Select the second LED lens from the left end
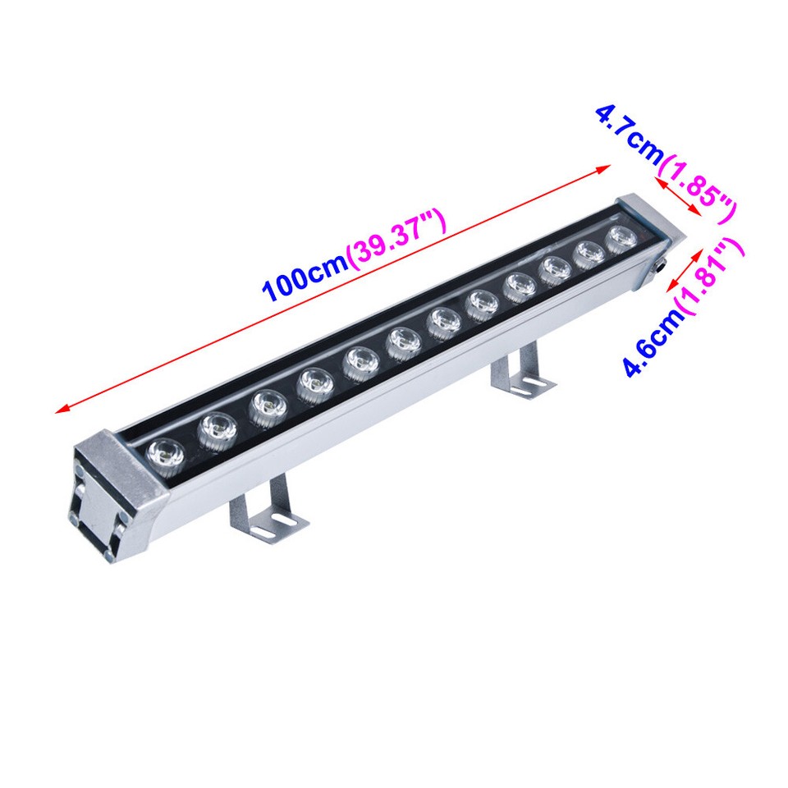click(217, 426)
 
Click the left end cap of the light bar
click(107, 492)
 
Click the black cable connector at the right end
click(659, 268)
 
